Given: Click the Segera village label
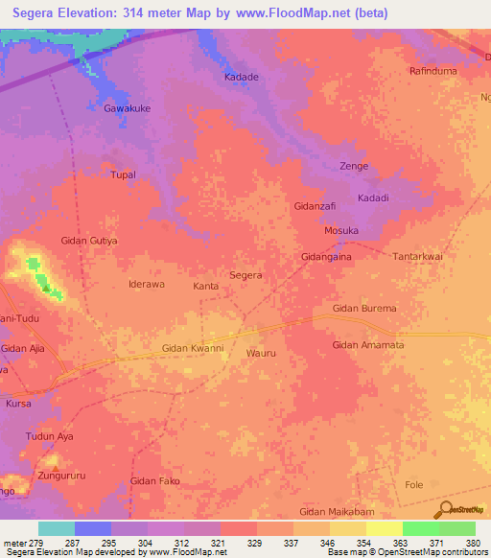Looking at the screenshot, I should (245, 275).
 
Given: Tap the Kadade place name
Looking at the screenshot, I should (242, 77).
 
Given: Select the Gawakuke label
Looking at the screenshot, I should (127, 108).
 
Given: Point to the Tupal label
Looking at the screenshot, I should (123, 174).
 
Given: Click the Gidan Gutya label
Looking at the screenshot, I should (88, 241).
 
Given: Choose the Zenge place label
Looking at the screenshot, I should (354, 166).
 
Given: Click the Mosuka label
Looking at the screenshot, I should (340, 231).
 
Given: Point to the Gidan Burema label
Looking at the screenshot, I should (363, 309).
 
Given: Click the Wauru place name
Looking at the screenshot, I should (261, 354).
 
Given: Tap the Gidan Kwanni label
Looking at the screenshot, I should (193, 348).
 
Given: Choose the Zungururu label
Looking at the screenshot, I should (62, 475).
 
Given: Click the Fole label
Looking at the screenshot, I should (414, 485).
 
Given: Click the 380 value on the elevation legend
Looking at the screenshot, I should (473, 543).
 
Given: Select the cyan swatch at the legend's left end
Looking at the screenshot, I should (56, 528).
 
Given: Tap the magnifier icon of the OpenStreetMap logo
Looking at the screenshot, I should (446, 510).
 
